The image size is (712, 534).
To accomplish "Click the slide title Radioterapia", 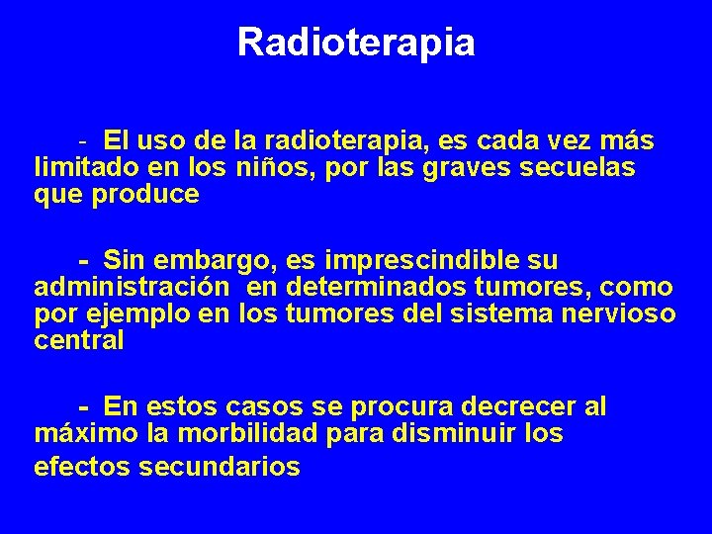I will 356,43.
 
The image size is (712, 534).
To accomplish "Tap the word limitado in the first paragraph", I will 81,168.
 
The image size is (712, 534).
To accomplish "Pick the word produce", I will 145,195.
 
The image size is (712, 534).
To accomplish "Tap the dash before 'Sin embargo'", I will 86,261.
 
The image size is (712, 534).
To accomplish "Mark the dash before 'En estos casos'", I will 86,406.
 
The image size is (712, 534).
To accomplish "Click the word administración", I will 132,288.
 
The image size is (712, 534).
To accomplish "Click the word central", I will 79,341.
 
